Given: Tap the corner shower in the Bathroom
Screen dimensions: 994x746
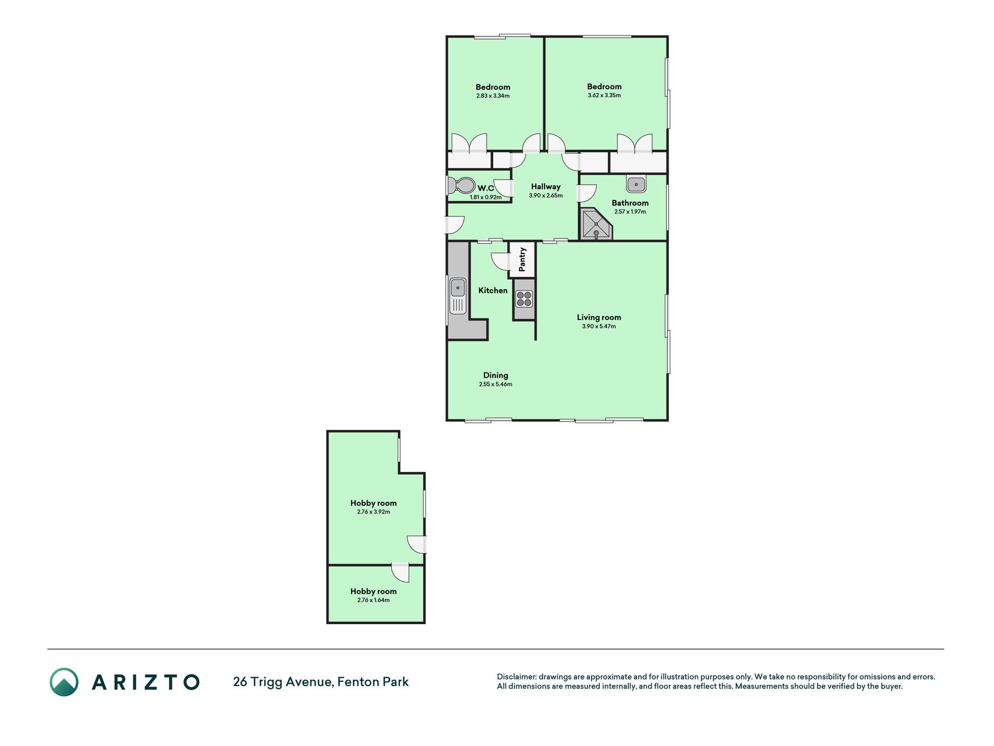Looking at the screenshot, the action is (596, 224).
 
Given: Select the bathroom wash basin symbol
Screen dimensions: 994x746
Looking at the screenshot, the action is (636, 184).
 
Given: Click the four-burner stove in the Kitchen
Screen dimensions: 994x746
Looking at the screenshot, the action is (524, 299).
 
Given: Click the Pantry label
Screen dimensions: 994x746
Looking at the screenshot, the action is (522, 259).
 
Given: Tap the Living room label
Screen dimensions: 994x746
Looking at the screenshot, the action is (599, 317).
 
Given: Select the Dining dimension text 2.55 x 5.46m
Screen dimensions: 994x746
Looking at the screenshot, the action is (496, 385).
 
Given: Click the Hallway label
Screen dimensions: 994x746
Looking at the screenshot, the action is (546, 186).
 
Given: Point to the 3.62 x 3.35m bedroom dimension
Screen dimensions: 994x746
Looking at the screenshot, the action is (604, 96).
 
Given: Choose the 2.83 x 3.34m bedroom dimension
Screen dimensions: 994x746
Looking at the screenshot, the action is (493, 96).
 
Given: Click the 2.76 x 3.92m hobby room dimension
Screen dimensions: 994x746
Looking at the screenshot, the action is (374, 512).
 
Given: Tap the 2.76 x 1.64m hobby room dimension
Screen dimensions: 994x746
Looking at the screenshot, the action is (374, 600).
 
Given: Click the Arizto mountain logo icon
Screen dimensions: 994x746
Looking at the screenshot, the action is (64, 682).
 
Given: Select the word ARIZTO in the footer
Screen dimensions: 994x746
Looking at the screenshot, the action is (146, 682).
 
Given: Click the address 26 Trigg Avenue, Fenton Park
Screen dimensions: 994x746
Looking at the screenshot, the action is (321, 682).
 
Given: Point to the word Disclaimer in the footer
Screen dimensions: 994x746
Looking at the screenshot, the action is (517, 677).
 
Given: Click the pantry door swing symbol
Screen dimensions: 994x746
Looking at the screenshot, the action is (500, 261).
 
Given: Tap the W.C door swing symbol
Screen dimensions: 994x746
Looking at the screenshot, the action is (504, 188).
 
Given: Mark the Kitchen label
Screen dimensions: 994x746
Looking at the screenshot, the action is (493, 290).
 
